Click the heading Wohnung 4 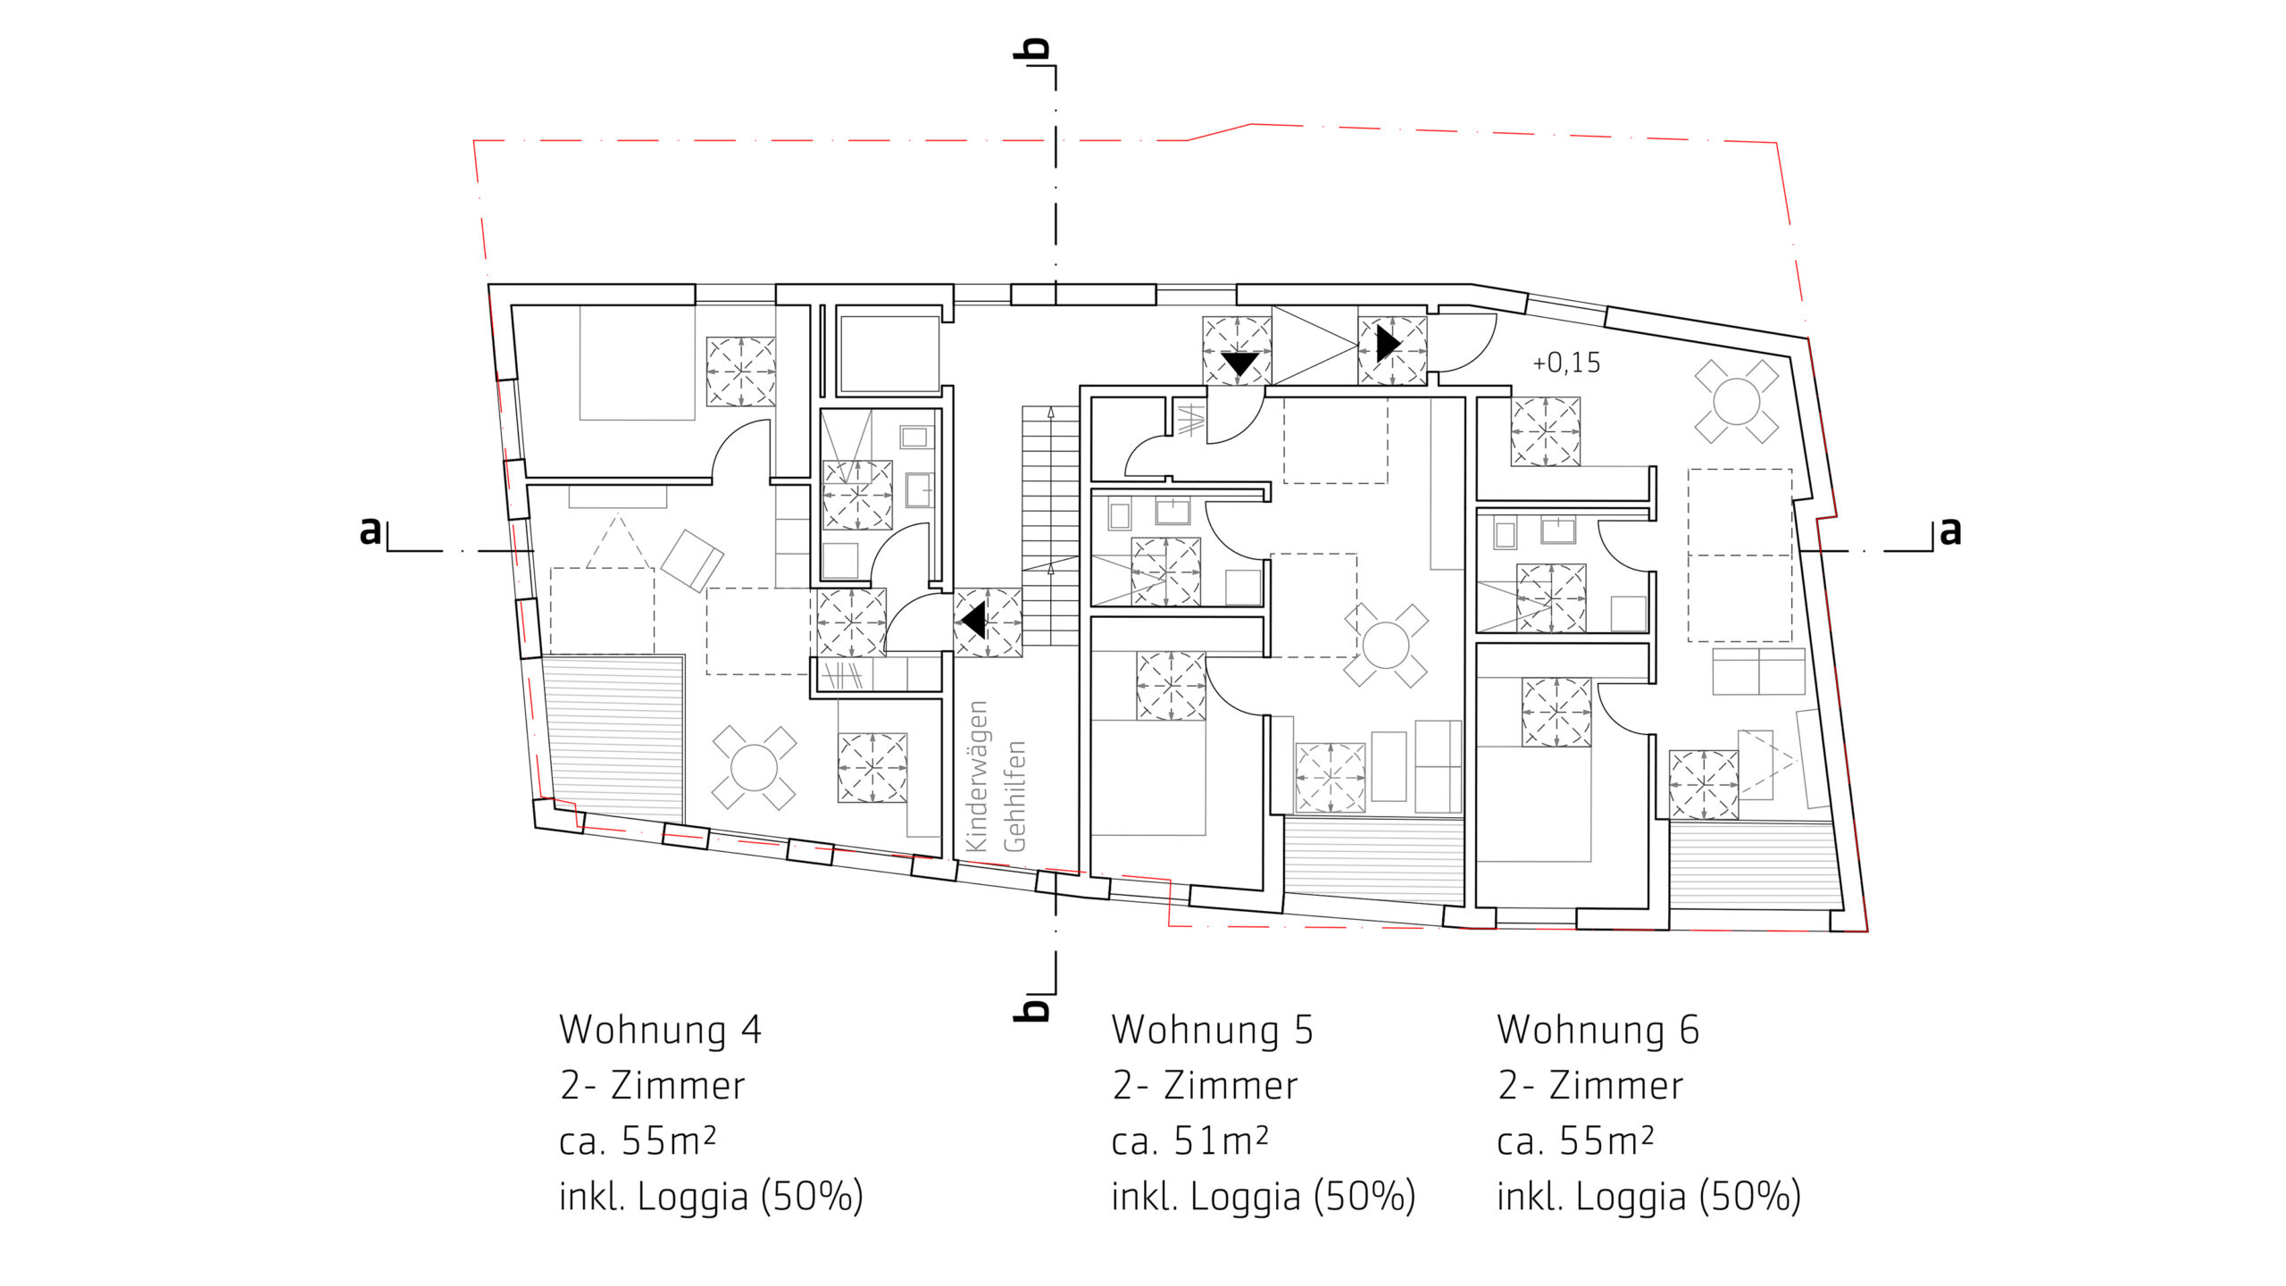coord(660,1030)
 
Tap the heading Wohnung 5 coord(1212,1030)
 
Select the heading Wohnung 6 coord(1598,1030)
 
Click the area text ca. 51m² coord(1189,1141)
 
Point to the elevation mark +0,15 coord(1566,363)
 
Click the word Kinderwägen coord(977,776)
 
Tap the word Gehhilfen coord(1014,796)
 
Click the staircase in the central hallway coord(1051,526)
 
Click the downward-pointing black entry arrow coord(1239,363)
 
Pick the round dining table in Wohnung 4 coord(754,767)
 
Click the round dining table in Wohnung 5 coord(1386,645)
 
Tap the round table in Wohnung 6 coord(1737,401)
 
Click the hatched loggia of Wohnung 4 coord(614,738)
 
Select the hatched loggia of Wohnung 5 coord(1374,857)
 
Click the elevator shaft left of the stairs coord(889,353)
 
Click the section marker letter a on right coord(1950,530)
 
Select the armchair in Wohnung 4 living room coord(691,560)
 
